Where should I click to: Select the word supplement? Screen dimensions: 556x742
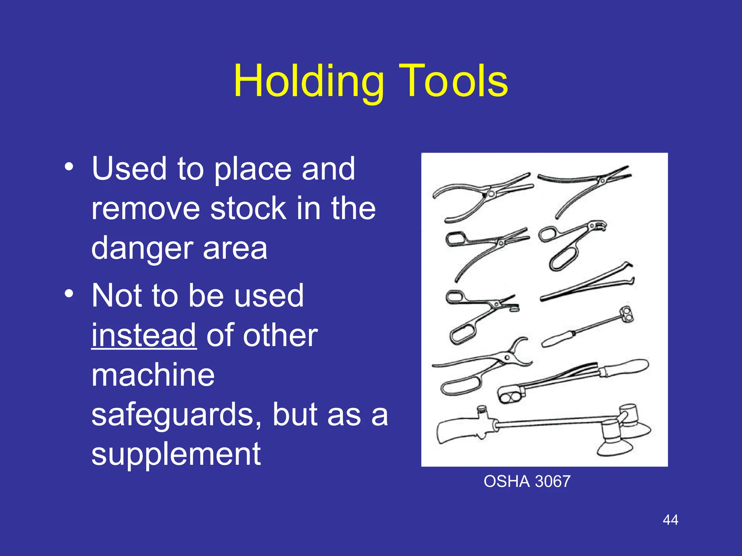[176, 455]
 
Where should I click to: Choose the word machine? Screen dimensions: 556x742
[153, 375]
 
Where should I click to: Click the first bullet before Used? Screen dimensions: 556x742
[69, 167]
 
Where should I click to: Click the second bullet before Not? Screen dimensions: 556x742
[69, 294]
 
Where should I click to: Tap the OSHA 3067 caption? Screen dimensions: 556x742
[527, 482]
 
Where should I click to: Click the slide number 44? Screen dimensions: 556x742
[670, 520]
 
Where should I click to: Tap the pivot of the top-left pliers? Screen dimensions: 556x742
[491, 194]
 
